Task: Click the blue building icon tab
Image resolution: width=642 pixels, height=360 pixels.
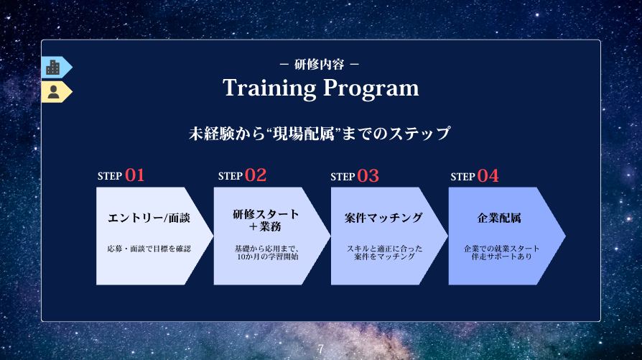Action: click(x=57, y=67)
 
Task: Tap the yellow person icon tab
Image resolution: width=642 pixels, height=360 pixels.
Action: click(x=57, y=92)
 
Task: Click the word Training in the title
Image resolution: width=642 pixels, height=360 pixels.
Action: click(x=269, y=88)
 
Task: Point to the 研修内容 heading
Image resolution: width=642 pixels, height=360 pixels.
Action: click(x=320, y=64)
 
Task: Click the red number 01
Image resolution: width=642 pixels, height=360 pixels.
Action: click(x=135, y=175)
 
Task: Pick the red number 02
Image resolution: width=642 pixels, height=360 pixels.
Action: click(x=256, y=175)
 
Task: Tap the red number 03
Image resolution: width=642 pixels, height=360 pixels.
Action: click(x=368, y=176)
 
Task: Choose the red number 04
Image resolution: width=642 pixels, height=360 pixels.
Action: click(x=488, y=176)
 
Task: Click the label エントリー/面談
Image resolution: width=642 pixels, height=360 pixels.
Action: click(x=149, y=218)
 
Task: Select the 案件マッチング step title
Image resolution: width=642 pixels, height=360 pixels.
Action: click(x=383, y=218)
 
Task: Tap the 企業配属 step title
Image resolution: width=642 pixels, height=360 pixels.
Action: click(x=499, y=218)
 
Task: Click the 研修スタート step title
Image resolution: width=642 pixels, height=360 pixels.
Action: click(x=266, y=214)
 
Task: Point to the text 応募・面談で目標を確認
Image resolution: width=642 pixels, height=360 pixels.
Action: click(x=149, y=249)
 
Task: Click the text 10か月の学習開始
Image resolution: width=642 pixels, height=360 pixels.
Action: click(x=268, y=257)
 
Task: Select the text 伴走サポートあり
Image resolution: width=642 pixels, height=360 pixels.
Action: click(x=501, y=257)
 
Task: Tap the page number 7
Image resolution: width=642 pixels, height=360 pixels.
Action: click(x=320, y=349)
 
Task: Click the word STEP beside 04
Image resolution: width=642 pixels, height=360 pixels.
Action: click(x=462, y=177)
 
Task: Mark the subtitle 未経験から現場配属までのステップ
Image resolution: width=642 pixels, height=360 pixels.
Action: click(x=320, y=134)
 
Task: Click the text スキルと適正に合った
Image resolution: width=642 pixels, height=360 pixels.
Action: click(x=384, y=249)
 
